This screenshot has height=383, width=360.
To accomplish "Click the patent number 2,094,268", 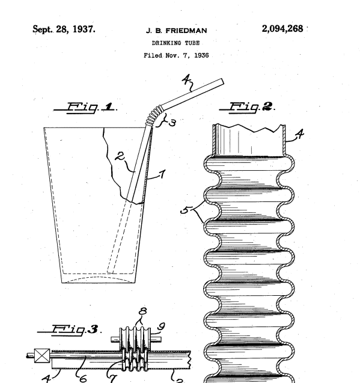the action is (282, 29).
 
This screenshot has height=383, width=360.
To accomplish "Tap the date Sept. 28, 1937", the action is (64, 29).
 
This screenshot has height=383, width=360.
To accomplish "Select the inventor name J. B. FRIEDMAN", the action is (176, 31).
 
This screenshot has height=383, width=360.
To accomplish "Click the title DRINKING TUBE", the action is (176, 43).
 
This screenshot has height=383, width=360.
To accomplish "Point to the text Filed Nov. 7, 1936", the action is (176, 55).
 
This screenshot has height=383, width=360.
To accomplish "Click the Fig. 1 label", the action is (85, 108).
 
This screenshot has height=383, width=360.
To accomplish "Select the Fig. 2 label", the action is (247, 107).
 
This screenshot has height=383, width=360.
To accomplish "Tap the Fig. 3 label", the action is (69, 329).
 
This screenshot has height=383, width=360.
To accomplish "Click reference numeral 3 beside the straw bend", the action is (172, 123).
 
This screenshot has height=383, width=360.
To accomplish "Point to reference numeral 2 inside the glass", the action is (120, 156).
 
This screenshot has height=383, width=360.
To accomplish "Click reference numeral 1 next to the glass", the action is (162, 174).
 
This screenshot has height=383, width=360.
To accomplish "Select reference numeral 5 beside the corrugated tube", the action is (185, 210).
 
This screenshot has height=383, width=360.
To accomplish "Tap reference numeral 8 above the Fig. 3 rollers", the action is (143, 311).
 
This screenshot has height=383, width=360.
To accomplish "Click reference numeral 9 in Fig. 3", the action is (161, 326).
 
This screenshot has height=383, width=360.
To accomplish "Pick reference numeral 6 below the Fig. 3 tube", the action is (83, 379).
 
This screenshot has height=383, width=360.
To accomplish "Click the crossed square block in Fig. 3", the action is (42, 356).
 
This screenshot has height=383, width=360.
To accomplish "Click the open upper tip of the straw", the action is (222, 82).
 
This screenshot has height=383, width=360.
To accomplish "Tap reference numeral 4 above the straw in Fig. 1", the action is (186, 79).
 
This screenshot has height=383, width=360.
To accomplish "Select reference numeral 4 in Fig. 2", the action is (299, 134).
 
